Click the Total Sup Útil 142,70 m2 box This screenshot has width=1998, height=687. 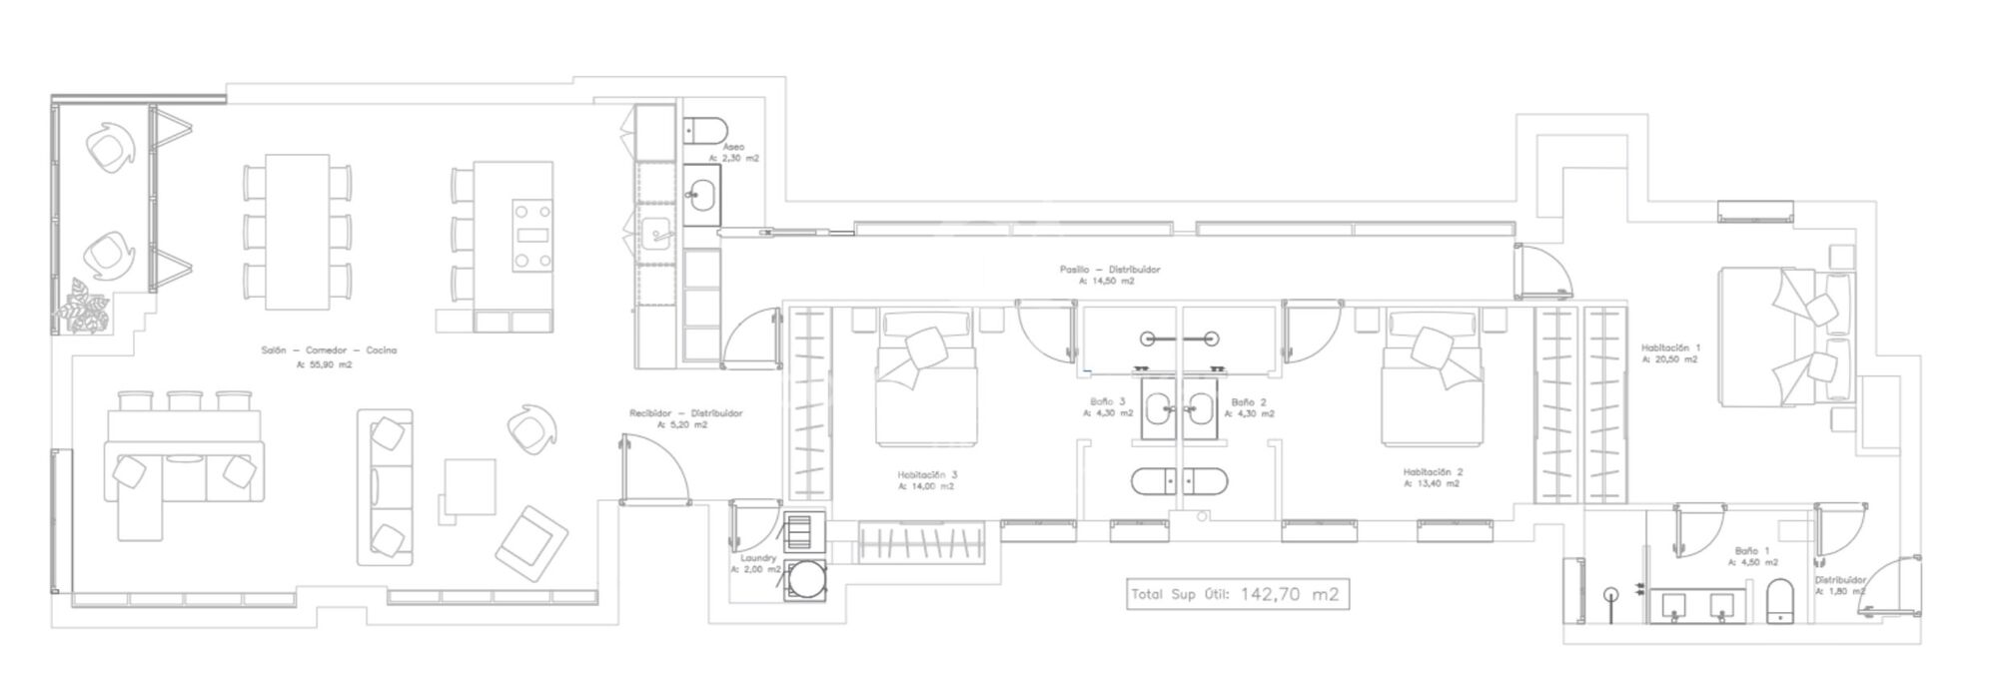tap(1236, 594)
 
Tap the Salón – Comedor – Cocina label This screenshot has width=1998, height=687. tap(329, 350)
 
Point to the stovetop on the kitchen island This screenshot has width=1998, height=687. tap(532, 236)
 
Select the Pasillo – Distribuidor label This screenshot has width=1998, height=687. tap(1110, 270)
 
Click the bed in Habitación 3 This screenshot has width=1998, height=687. tap(924, 379)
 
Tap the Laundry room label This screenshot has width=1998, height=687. tap(758, 558)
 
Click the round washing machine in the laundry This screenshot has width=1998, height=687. tap(805, 580)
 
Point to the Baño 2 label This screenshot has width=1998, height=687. tap(1249, 401)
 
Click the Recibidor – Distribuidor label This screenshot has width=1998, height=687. tap(685, 413)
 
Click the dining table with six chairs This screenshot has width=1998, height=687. tap(298, 236)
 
